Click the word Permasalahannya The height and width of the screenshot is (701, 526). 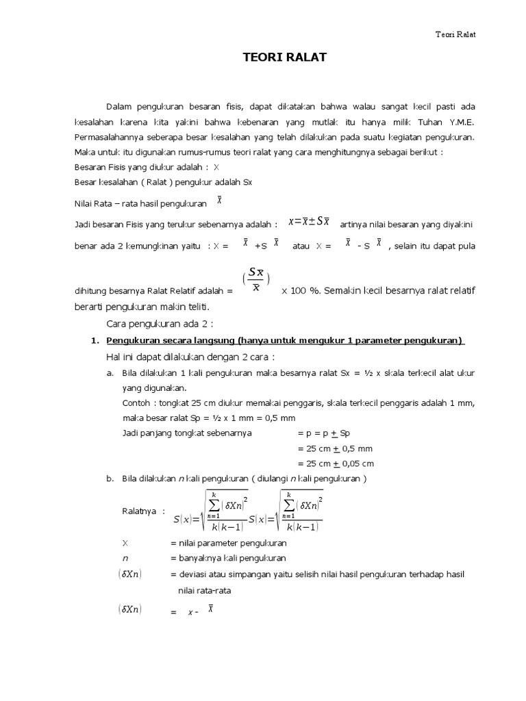tap(106, 137)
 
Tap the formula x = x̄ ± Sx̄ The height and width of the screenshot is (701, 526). tap(309, 220)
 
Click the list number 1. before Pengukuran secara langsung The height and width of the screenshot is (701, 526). tap(95, 341)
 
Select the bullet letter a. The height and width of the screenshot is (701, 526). tap(110, 373)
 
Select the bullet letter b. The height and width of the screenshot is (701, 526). tap(110, 479)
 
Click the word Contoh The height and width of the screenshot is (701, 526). tap(135, 403)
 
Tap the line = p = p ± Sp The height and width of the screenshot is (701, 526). tap(324, 433)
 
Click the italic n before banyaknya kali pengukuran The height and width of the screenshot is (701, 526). tap(125, 558)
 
